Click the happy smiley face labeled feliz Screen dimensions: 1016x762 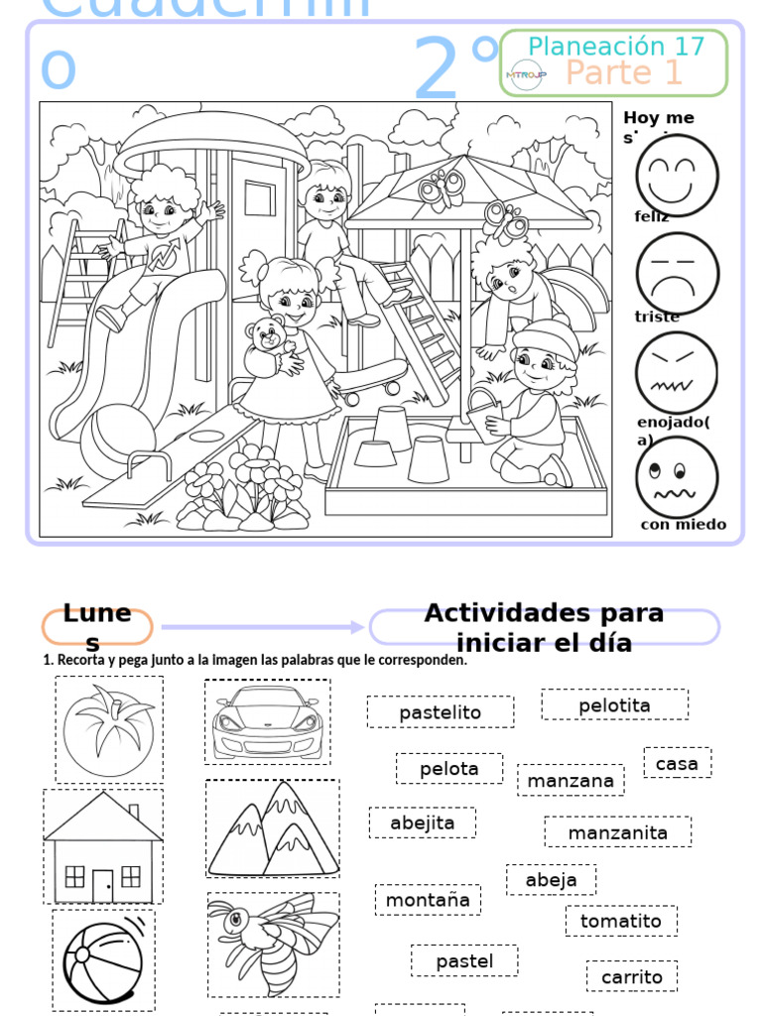click(x=677, y=176)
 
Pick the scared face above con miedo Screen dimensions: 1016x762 click(x=677, y=476)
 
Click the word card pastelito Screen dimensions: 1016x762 click(x=440, y=712)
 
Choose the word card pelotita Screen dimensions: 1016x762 click(x=614, y=705)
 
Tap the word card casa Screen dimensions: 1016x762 click(x=677, y=763)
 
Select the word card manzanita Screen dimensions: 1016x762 click(x=617, y=832)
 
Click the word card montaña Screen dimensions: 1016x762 click(x=428, y=900)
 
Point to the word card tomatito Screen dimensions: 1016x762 click(x=621, y=921)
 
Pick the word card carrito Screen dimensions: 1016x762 click(x=631, y=976)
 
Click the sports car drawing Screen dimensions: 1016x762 click(x=267, y=721)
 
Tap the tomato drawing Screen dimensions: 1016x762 click(x=108, y=730)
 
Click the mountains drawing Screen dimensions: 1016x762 click(x=272, y=829)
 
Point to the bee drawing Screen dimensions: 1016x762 click(x=272, y=943)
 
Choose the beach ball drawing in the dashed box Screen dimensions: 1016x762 click(x=103, y=959)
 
